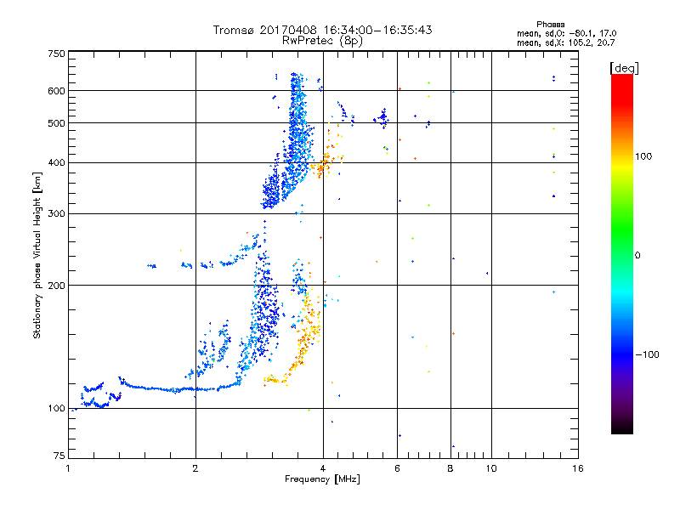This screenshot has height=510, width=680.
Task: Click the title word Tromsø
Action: (235, 30)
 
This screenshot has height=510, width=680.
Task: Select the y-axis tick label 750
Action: (57, 54)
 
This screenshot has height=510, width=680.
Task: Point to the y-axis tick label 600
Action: (57, 90)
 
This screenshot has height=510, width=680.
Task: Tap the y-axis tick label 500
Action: (57, 122)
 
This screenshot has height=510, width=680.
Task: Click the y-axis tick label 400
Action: (57, 162)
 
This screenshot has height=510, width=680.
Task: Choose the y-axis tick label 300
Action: (57, 212)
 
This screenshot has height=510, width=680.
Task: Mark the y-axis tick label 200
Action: (57, 285)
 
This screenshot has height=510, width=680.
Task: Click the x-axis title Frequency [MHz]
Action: (322, 480)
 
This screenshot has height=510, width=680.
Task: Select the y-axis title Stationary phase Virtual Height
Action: (37, 255)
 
